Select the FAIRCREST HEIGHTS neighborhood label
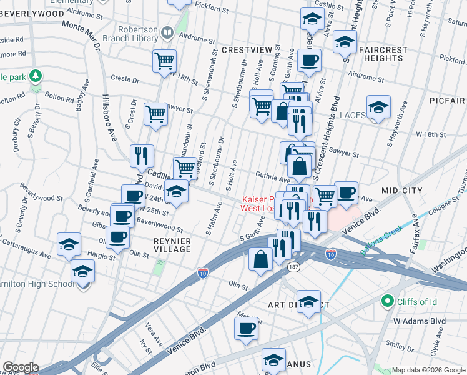click(378, 54)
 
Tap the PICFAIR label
click(448, 99)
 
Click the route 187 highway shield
click(293, 267)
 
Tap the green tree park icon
click(36, 76)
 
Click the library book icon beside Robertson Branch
click(167, 32)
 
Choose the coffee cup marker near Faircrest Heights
click(309, 61)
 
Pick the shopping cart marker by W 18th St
click(164, 61)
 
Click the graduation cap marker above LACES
click(378, 107)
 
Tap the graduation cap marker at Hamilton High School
click(82, 272)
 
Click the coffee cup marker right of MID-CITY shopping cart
click(346, 192)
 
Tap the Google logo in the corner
click(21, 367)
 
